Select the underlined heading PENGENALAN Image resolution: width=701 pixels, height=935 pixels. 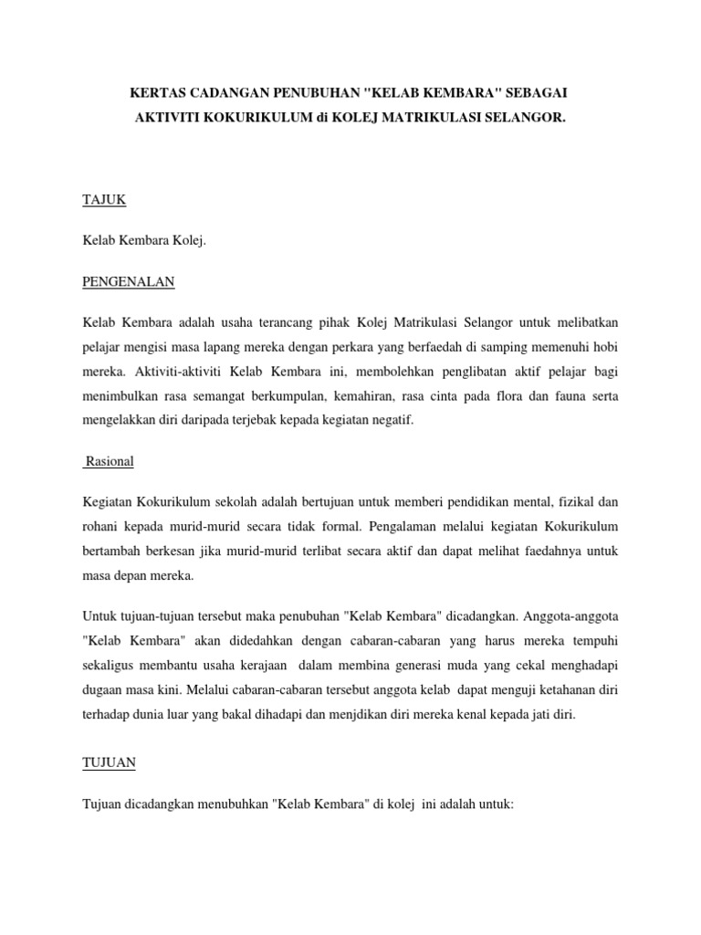[x=128, y=282]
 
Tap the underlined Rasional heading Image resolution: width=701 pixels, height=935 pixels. [x=109, y=461]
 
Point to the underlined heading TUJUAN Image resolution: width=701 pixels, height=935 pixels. [x=108, y=760]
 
